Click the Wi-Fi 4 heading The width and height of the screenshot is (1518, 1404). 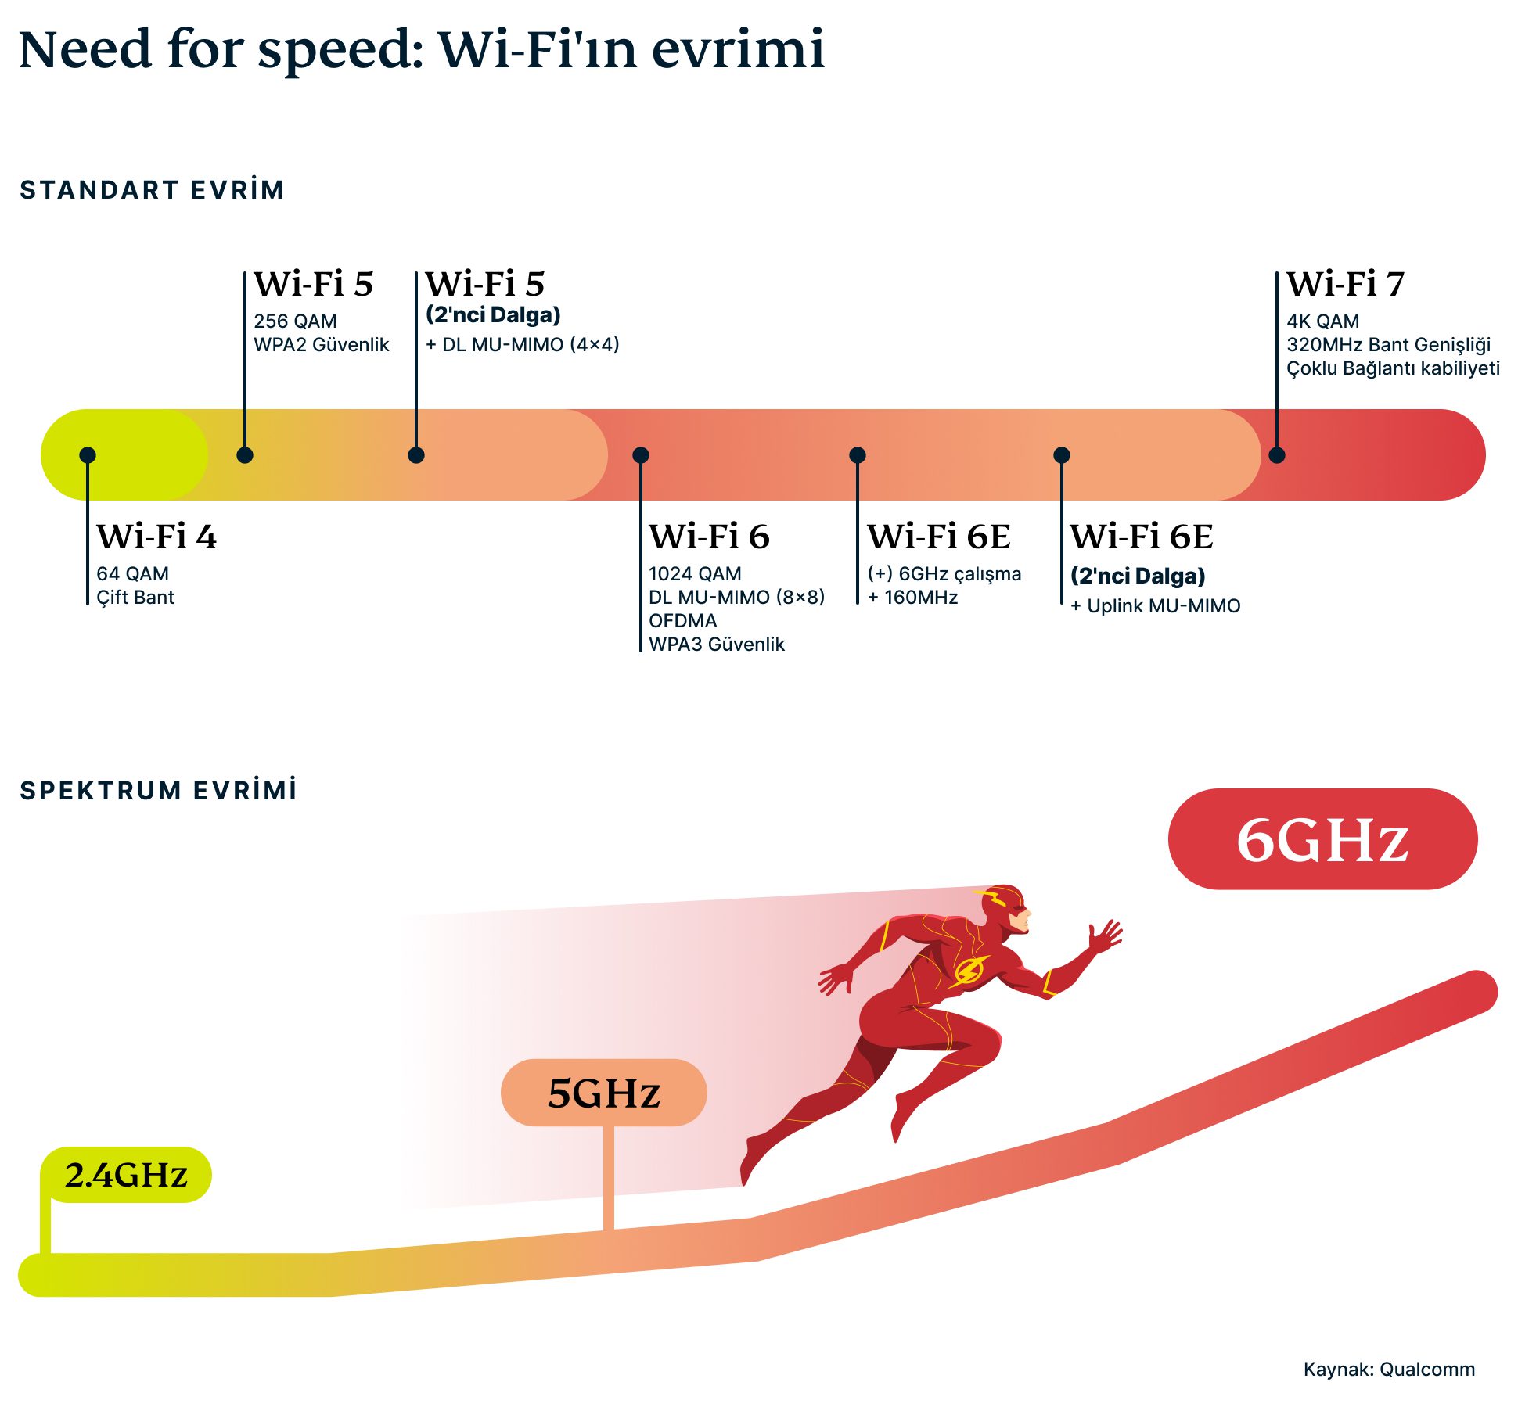tap(156, 537)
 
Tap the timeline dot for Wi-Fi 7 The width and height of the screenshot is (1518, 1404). tap(1276, 455)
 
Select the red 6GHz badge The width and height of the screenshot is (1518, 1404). tap(1322, 839)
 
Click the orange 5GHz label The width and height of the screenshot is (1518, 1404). tap(603, 1093)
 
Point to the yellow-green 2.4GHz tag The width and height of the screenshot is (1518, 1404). tap(126, 1175)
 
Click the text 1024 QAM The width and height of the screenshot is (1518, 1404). tap(695, 574)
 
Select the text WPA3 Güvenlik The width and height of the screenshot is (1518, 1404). tap(716, 645)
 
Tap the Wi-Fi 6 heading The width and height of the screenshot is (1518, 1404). tap(709, 537)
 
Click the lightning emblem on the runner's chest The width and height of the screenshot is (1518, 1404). tap(969, 971)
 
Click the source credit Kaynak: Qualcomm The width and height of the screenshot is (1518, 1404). tap(1389, 1370)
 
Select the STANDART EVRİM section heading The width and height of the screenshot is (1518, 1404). tap(152, 190)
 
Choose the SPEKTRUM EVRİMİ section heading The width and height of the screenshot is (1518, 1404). tap(158, 791)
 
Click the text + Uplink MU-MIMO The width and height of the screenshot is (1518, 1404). tap(1155, 606)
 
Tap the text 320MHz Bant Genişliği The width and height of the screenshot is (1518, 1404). tap(1388, 345)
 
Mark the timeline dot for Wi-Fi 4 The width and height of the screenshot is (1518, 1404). tap(88, 455)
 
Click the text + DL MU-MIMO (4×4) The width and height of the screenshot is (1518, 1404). tap(522, 345)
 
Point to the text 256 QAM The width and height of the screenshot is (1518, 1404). tap(295, 321)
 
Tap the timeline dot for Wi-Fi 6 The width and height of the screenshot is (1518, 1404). tap(641, 455)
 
